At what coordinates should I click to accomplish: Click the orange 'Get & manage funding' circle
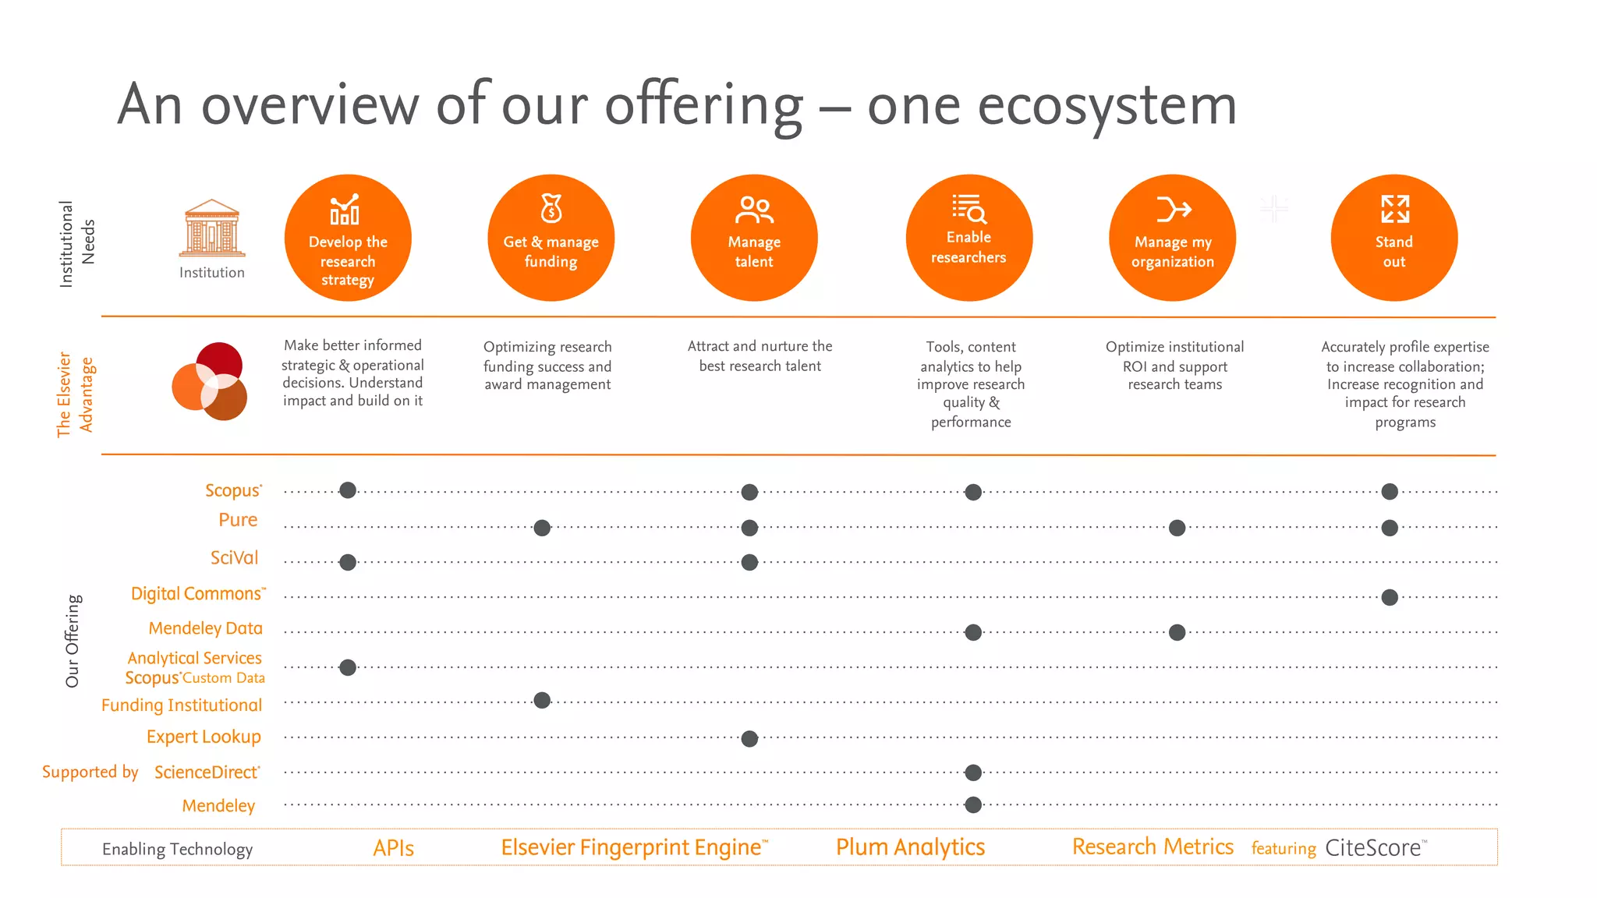551,238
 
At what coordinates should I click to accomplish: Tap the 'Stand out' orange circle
1393,238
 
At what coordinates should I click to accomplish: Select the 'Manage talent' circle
753,238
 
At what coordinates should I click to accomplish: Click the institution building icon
212,228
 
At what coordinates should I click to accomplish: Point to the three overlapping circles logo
210,381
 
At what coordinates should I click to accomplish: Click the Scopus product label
232,490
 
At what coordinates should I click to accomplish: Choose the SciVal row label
234,558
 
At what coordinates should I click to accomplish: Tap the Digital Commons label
197,594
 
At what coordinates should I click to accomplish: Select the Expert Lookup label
204,737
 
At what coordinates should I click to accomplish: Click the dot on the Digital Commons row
1389,598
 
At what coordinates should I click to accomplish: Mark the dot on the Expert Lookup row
749,739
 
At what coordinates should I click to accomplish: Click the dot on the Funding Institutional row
542,701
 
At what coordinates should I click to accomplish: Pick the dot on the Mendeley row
972,805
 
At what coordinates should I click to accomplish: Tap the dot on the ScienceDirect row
972,772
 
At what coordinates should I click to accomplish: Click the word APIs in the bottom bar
393,848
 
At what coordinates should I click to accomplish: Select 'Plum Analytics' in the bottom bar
910,847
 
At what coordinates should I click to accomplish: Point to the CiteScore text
1372,848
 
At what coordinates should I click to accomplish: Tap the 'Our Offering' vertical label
73,641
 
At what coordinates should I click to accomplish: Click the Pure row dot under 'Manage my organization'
1177,529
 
